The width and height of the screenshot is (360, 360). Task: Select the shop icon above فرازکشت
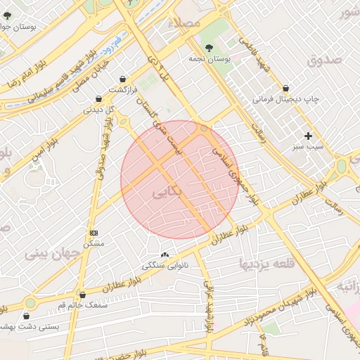pos(124,79)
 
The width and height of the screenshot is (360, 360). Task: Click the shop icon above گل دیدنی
pos(98,98)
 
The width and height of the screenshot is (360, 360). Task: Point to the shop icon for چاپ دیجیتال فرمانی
pos(285,89)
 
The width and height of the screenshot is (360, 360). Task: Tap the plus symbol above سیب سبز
pos(307,136)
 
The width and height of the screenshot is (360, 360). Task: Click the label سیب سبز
pos(308,148)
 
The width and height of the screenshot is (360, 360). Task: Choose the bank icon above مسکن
pos(94,233)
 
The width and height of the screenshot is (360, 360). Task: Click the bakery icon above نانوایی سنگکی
pos(165,255)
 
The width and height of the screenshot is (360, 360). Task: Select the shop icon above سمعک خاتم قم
pos(83,295)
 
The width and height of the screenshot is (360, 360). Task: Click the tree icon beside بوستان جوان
pos(7,15)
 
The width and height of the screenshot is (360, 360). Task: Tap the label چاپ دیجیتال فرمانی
pos(286,100)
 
